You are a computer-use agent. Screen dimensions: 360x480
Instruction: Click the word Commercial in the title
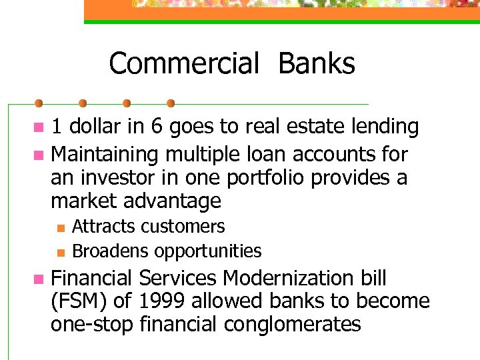click(183, 64)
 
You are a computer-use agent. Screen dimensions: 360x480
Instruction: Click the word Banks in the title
click(317, 64)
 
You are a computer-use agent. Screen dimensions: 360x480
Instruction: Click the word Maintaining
click(105, 155)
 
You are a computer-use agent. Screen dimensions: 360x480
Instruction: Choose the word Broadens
click(111, 251)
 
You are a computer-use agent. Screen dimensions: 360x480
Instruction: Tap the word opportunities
click(208, 251)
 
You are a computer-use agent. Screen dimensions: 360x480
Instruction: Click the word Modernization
click(289, 278)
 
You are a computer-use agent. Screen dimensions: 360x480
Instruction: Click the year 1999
click(163, 301)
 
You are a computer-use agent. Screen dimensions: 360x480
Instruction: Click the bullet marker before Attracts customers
click(59, 228)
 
